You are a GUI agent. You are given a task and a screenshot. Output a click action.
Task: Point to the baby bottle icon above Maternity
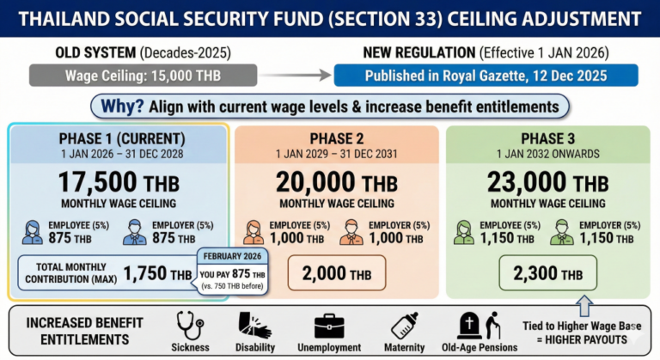[404, 325]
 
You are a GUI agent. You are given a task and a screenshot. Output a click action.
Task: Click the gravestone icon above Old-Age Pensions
[470, 324]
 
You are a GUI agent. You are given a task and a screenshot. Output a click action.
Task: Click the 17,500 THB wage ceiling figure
[119, 182]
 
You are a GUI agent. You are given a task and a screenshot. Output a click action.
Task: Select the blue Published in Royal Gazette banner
[486, 75]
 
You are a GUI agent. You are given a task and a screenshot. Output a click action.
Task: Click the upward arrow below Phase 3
[584, 304]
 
